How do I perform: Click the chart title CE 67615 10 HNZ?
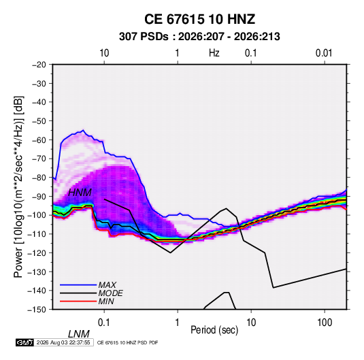(199, 19)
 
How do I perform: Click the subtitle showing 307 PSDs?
(199, 37)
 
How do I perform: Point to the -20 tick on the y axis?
(39, 65)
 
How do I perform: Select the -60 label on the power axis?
(39, 140)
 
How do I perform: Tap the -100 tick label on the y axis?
(37, 215)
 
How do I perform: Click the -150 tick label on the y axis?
(37, 310)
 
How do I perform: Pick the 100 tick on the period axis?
(325, 323)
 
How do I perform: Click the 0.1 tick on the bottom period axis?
(104, 323)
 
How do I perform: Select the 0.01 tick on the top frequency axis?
(324, 53)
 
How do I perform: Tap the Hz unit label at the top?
(214, 53)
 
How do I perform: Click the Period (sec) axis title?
(214, 330)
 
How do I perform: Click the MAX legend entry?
(107, 284)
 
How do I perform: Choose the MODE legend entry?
(110, 293)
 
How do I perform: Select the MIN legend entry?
(106, 301)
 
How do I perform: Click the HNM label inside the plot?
(80, 193)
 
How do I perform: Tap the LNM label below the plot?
(79, 334)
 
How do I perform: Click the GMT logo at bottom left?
(24, 342)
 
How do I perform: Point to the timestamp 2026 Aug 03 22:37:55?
(63, 342)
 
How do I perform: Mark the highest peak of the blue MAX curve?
(83, 130)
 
